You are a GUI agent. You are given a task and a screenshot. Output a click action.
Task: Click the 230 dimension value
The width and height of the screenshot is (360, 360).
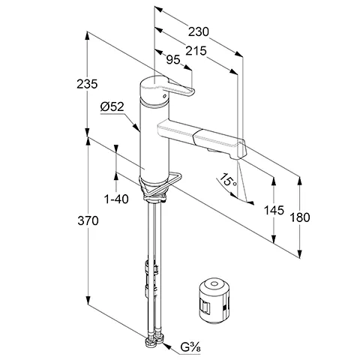pos(198,32)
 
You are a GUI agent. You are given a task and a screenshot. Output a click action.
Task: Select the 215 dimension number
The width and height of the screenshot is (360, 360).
pos(196,51)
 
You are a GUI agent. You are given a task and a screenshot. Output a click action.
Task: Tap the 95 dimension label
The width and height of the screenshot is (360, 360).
pos(173,59)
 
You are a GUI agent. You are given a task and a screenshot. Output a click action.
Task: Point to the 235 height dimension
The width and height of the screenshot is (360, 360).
pos(87,84)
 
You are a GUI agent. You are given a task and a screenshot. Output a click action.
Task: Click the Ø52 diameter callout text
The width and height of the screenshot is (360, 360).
pos(112,107)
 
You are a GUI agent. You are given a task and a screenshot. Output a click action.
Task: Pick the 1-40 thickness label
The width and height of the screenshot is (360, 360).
pos(116,199)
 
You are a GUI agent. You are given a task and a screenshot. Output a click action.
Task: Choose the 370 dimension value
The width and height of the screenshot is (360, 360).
pos(88,220)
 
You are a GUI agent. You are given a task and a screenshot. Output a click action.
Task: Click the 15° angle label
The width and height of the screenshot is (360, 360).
pos(228,180)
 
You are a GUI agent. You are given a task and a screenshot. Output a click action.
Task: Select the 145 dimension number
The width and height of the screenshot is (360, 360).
pos(274,210)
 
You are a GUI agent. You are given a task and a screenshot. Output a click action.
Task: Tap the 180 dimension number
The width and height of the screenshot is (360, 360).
pos(300,217)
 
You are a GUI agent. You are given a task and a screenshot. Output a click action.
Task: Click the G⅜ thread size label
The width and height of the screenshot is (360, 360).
pos(190,347)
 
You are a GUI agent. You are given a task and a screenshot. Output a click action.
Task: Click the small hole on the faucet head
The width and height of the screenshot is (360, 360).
pos(164,96)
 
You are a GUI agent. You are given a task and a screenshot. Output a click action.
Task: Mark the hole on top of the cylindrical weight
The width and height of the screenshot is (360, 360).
pos(214,284)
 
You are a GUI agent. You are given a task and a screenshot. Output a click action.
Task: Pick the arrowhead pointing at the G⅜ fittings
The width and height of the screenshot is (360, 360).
pos(167,346)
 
